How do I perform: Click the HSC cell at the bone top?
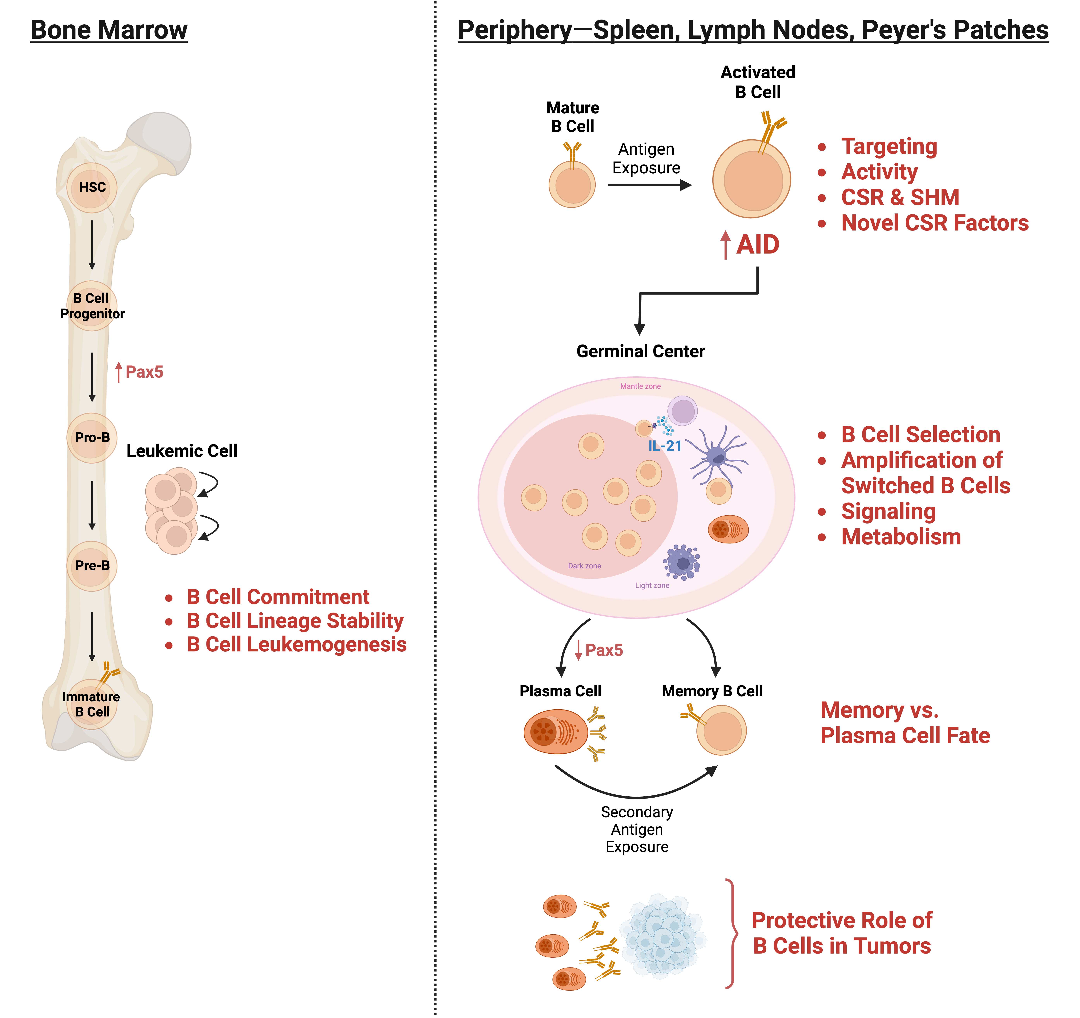click(x=92, y=187)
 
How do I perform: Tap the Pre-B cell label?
click(x=92, y=566)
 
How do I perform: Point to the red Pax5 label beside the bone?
click(x=144, y=372)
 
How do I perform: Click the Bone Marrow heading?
click(x=109, y=30)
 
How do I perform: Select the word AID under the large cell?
click(x=758, y=244)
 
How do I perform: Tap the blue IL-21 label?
click(x=664, y=446)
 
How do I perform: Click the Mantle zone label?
click(x=641, y=386)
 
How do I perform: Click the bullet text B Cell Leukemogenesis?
click(x=297, y=645)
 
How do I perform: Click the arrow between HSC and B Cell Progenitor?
click(x=92, y=244)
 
